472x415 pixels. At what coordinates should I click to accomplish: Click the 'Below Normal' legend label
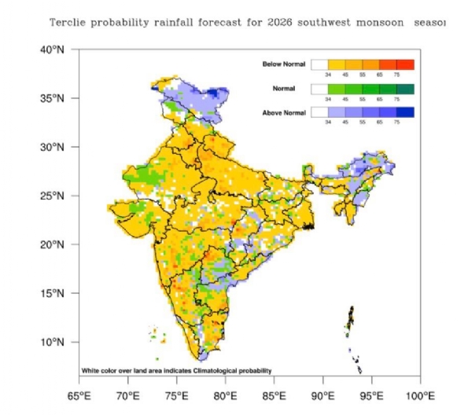pos(284,64)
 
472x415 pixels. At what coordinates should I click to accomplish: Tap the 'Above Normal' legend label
pos(284,113)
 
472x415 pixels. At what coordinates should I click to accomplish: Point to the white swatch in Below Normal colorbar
pos(319,64)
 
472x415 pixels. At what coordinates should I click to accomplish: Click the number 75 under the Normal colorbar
pos(396,101)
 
